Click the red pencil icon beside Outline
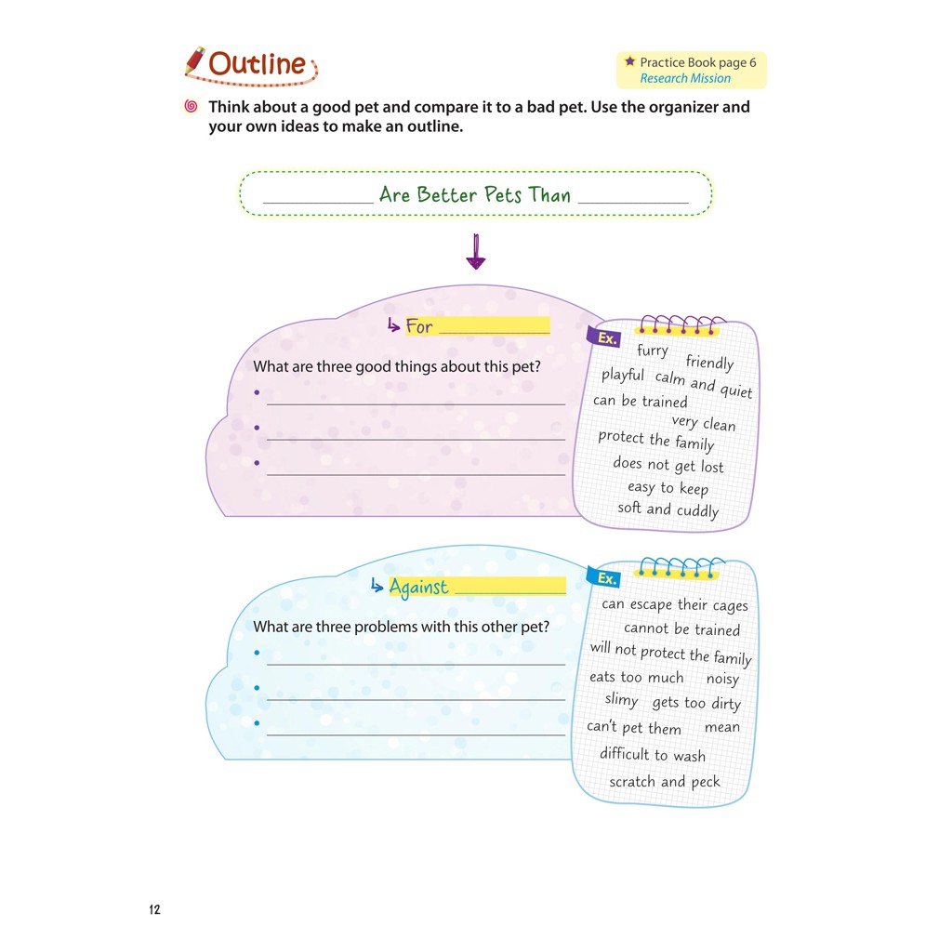pos(195,61)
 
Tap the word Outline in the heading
pos(258,64)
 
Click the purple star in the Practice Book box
pos(629,61)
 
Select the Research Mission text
pos(685,78)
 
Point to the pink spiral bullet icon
pos(192,107)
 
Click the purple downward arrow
pos(476,251)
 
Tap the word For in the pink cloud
pos(419,326)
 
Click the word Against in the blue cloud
pos(418,587)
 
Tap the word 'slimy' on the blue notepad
pos(621,700)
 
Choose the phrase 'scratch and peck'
pos(665,782)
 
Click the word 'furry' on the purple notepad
pos(653,350)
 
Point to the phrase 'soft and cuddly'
pos(668,509)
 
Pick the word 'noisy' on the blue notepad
pos(722,680)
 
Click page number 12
pos(154,909)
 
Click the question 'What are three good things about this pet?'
pos(396,366)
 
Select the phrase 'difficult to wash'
pos(653,755)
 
